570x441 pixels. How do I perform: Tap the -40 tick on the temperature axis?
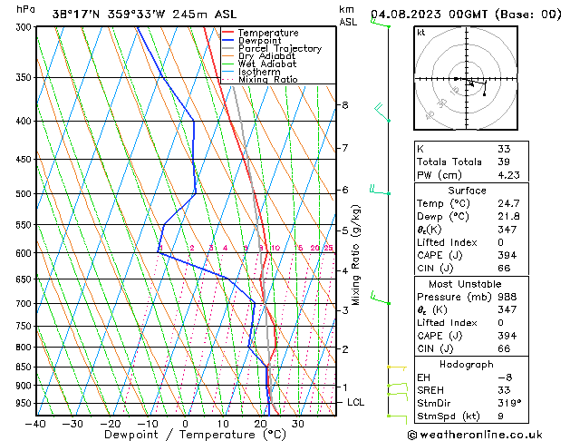(x=36, y=424)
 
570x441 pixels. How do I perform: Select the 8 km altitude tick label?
(x=344, y=105)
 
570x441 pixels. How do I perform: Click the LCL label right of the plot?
(x=356, y=402)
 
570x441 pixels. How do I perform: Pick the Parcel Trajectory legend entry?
(x=279, y=49)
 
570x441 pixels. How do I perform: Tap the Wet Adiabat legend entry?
(x=266, y=64)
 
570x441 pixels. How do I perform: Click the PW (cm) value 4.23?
(x=507, y=176)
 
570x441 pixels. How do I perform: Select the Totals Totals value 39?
(x=504, y=162)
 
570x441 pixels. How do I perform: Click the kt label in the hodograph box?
(x=420, y=32)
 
